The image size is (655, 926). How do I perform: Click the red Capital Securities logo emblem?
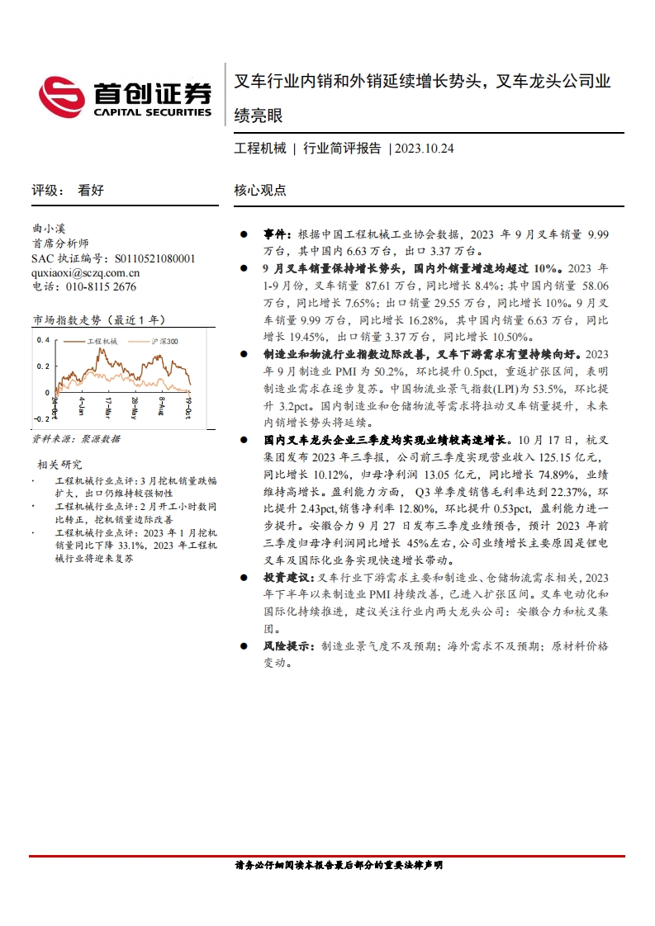click(63, 96)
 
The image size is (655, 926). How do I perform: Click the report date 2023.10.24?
click(425, 149)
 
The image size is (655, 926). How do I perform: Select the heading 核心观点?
click(260, 191)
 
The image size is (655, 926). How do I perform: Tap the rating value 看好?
click(91, 191)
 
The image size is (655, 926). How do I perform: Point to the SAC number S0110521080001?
click(155, 258)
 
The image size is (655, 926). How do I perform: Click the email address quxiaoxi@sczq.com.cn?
click(85, 272)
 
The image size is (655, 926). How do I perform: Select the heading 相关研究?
click(60, 465)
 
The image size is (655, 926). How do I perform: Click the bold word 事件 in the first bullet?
click(276, 235)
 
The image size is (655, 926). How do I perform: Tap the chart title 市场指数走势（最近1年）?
click(99, 319)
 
